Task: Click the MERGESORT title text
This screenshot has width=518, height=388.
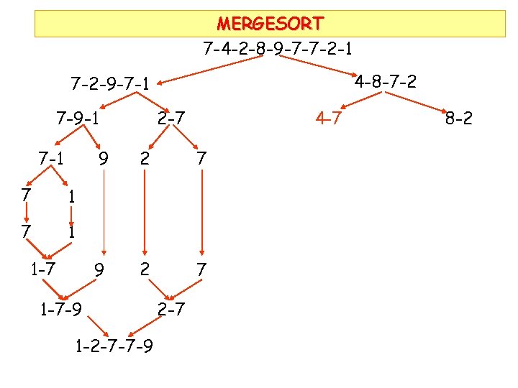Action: tap(270, 24)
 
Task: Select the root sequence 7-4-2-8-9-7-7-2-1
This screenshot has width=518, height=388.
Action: tap(278, 50)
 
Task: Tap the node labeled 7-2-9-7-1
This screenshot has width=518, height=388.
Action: tap(110, 85)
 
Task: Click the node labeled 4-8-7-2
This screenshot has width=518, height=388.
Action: tap(385, 81)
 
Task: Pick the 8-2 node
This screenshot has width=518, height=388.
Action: tap(459, 118)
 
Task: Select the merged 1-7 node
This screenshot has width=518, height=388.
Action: tap(44, 269)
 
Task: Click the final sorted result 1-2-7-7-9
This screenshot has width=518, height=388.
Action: tap(113, 348)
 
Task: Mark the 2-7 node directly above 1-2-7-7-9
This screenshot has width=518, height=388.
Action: tap(171, 310)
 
